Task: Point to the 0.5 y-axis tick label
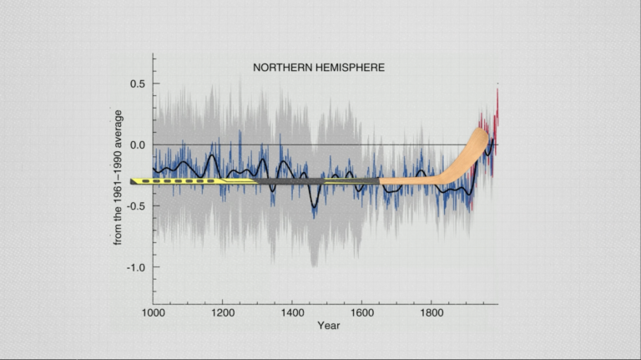138,84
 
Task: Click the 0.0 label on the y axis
138,145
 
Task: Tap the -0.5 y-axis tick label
136,205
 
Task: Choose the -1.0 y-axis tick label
136,267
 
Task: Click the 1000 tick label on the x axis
153,312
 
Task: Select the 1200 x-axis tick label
222,312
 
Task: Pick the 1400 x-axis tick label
292,312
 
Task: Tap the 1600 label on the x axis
361,312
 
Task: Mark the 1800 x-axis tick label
431,312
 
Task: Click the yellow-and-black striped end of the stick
167,180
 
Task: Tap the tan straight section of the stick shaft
409,180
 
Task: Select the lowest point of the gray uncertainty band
314,265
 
